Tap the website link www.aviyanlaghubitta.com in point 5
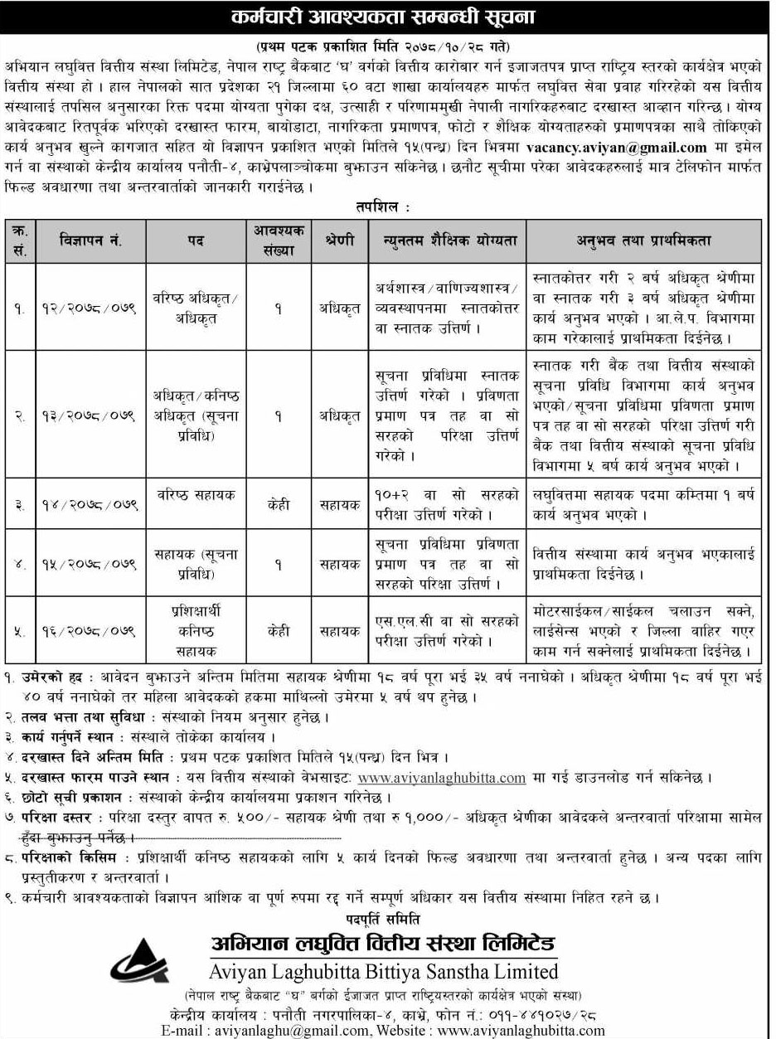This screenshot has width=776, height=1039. pos(442,778)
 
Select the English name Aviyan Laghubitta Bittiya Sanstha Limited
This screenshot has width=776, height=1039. pos(376,970)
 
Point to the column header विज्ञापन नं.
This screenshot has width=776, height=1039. pos(90,240)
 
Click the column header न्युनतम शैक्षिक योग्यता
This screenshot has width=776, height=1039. pos(448,240)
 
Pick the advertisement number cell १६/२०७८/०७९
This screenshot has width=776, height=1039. pos(90,631)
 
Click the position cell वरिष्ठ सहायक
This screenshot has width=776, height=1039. pos(195,495)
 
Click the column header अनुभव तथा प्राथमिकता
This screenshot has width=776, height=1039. pos(643,240)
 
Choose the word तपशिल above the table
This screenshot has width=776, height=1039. pos(384,206)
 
